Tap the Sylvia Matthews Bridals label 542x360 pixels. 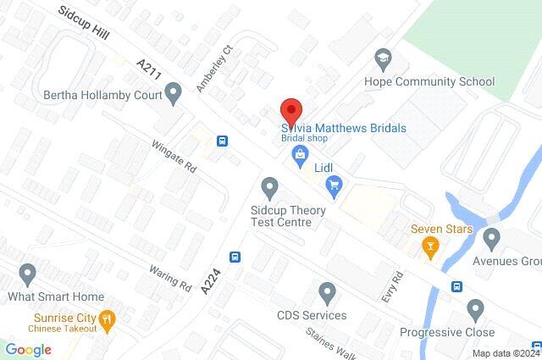click(344, 128)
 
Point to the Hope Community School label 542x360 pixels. click(429, 82)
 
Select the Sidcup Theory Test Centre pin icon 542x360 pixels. click(270, 186)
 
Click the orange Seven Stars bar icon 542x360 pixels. click(430, 247)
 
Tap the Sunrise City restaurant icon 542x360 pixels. click(107, 319)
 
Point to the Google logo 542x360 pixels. click(29, 350)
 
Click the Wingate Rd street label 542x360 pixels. click(176, 158)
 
